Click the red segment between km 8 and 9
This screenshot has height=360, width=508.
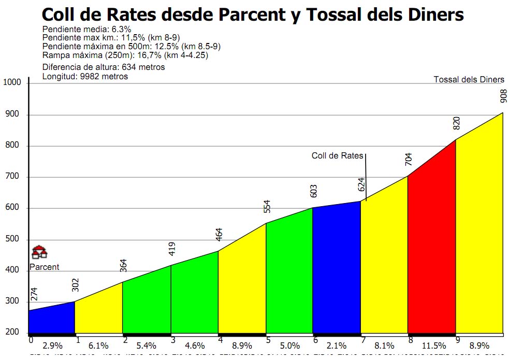pyautogui.click(x=431, y=249)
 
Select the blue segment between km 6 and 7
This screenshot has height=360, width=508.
pyautogui.click(x=336, y=269)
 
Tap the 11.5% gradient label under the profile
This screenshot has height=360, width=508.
pyautogui.click(x=433, y=345)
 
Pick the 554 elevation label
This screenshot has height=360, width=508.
pyautogui.click(x=267, y=206)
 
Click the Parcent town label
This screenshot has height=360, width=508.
pyautogui.click(x=44, y=267)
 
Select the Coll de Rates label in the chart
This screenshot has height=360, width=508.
pyautogui.click(x=338, y=155)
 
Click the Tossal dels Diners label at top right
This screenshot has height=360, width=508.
pyautogui.click(x=469, y=79)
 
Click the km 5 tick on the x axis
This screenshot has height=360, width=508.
pyautogui.click(x=268, y=340)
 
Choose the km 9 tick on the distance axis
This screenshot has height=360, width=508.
pyautogui.click(x=458, y=340)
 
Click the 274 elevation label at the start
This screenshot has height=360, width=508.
pyautogui.click(x=34, y=294)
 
